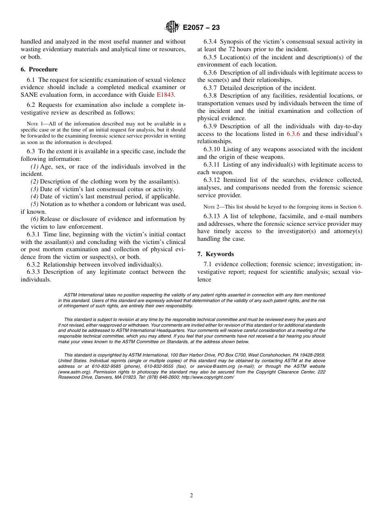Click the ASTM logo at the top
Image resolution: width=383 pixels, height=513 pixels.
(x=172, y=27)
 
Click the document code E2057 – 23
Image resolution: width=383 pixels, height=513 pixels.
(x=201, y=28)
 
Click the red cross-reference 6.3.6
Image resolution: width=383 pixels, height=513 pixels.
(x=293, y=134)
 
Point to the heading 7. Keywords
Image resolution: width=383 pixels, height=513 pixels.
(x=216, y=254)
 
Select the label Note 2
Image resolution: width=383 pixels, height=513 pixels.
(x=212, y=207)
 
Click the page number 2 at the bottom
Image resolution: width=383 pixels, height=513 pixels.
(x=191, y=496)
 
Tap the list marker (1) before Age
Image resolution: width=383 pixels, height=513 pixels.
(x=35, y=167)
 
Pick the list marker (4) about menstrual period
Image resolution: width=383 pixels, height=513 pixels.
(x=35, y=196)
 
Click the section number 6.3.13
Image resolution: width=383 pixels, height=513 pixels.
(x=212, y=216)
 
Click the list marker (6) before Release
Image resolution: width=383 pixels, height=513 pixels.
(x=35, y=219)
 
